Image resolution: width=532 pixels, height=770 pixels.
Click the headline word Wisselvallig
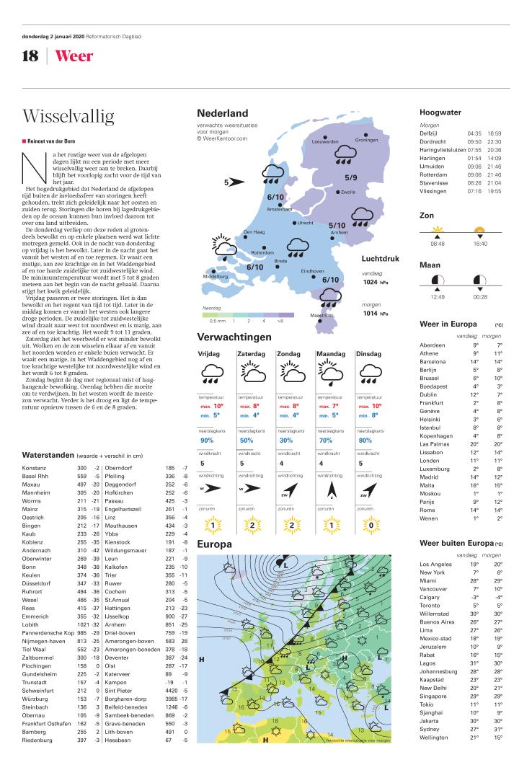[68, 116]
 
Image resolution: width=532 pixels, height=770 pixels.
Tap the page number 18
[30, 56]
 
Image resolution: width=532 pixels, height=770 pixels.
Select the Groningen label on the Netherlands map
[366, 140]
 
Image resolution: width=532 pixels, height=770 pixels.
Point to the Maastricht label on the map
[322, 315]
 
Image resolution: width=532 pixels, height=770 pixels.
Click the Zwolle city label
[348, 192]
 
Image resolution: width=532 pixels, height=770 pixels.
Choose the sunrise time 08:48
[437, 244]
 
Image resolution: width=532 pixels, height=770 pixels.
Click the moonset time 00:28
[480, 296]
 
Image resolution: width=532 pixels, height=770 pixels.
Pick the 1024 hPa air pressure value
[374, 283]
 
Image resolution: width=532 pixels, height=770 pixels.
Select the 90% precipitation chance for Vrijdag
[207, 440]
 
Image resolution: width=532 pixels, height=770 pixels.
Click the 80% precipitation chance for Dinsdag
[365, 440]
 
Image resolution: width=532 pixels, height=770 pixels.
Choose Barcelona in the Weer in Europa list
[434, 361]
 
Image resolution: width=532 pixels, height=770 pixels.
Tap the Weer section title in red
[74, 56]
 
